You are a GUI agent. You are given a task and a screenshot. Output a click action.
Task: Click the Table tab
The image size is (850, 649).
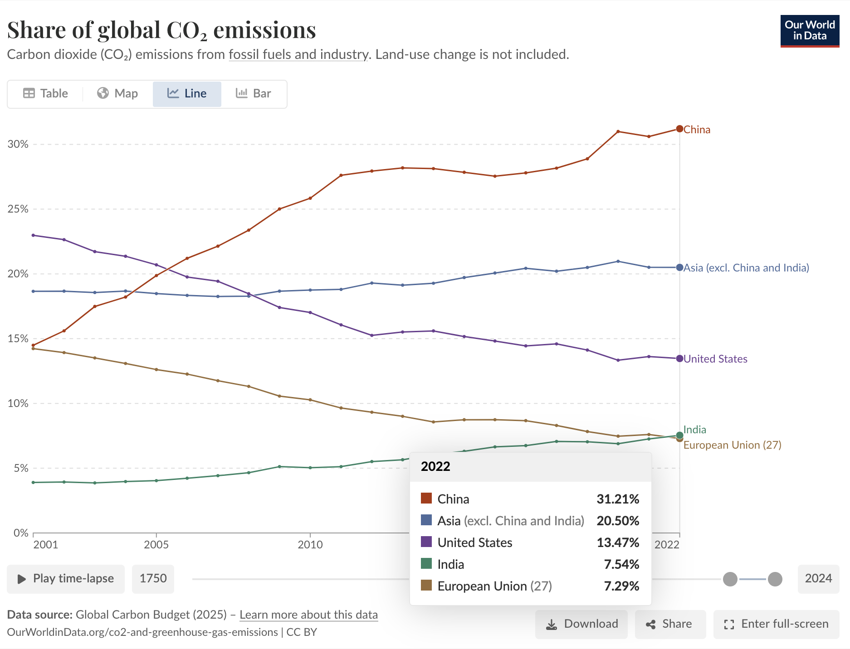pyautogui.click(x=45, y=94)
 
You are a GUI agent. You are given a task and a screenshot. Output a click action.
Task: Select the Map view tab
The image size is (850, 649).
pyautogui.click(x=117, y=94)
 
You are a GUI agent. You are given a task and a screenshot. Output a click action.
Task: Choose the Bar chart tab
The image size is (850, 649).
pyautogui.click(x=254, y=94)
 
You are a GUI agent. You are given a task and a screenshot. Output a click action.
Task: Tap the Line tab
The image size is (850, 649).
pyautogui.click(x=187, y=94)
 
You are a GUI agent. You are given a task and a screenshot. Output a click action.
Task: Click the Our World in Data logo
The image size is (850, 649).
pyautogui.click(x=810, y=31)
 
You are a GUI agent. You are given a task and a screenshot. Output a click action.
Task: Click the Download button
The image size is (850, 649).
pyautogui.click(x=581, y=624)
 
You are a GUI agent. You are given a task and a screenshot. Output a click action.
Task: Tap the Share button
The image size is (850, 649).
pyautogui.click(x=670, y=624)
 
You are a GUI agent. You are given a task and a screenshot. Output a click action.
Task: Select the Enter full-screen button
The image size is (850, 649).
pyautogui.click(x=776, y=624)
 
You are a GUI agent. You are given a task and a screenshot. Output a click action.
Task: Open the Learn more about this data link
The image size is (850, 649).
pyautogui.click(x=308, y=615)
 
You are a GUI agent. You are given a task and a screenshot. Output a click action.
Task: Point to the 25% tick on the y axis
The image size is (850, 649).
pyautogui.click(x=18, y=209)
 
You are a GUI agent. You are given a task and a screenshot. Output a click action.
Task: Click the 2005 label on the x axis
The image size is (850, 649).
pyautogui.click(x=156, y=544)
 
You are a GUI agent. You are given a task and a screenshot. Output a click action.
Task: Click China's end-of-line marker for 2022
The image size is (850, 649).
pyautogui.click(x=679, y=129)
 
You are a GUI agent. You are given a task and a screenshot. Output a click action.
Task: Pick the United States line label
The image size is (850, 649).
pyautogui.click(x=715, y=359)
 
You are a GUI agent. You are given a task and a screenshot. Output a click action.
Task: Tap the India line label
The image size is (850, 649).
pyautogui.click(x=694, y=430)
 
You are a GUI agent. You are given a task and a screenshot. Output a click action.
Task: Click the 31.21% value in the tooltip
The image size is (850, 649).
pyautogui.click(x=618, y=499)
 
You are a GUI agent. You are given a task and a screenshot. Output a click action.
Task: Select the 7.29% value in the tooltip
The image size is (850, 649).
pyautogui.click(x=621, y=586)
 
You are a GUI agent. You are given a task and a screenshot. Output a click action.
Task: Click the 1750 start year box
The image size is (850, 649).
pyautogui.click(x=153, y=579)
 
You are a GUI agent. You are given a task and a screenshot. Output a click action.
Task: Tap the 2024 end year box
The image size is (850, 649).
pyautogui.click(x=818, y=579)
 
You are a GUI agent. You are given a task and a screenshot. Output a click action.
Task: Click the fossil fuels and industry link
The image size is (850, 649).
pyautogui.click(x=298, y=54)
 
